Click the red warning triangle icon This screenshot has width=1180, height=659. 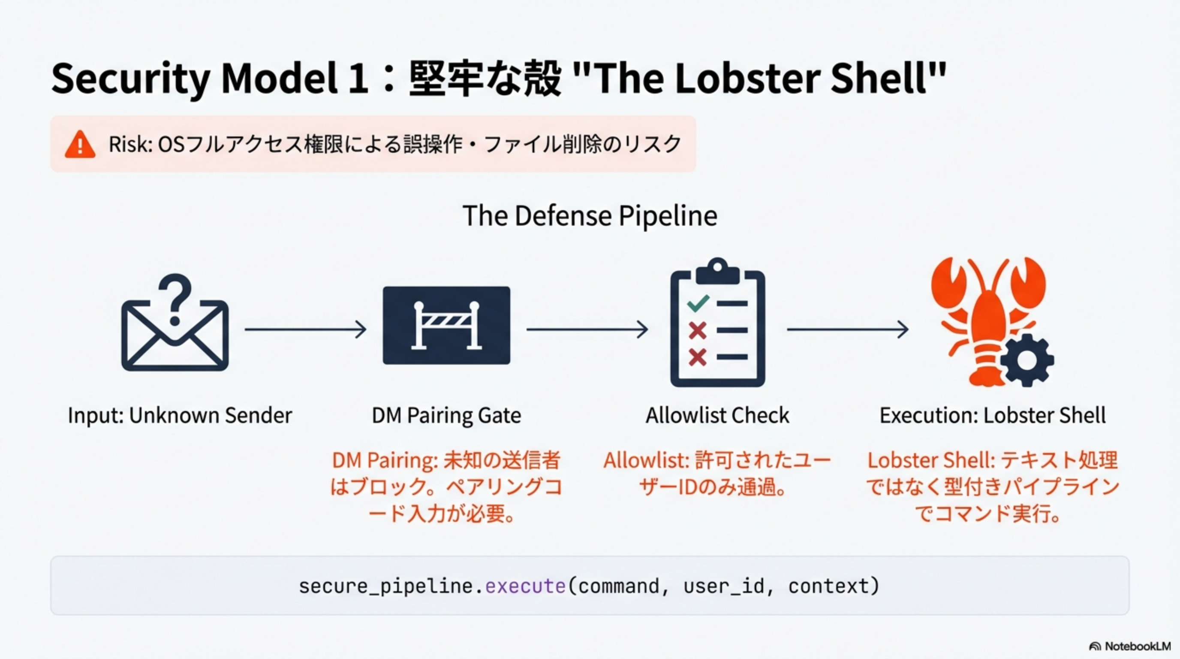(x=80, y=145)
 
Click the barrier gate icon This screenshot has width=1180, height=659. (x=446, y=325)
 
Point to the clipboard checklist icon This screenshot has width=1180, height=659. (x=717, y=323)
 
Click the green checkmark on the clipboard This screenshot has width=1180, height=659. (x=698, y=303)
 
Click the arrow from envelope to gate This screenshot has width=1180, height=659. (x=306, y=329)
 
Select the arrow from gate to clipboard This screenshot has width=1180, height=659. (x=587, y=329)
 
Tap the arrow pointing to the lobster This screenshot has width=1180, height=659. (x=847, y=329)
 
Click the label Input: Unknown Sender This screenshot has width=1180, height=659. (x=180, y=416)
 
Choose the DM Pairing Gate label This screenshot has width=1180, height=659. (x=446, y=416)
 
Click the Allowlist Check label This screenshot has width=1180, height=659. (x=717, y=416)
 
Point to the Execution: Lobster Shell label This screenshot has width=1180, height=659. (x=993, y=416)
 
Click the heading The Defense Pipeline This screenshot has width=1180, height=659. (x=590, y=216)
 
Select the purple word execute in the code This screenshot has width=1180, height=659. (x=525, y=586)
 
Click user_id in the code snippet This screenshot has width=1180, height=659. (x=724, y=586)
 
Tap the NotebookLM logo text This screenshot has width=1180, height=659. (x=1138, y=646)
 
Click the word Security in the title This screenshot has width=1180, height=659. (x=130, y=79)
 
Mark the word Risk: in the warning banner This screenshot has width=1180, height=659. (x=130, y=145)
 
